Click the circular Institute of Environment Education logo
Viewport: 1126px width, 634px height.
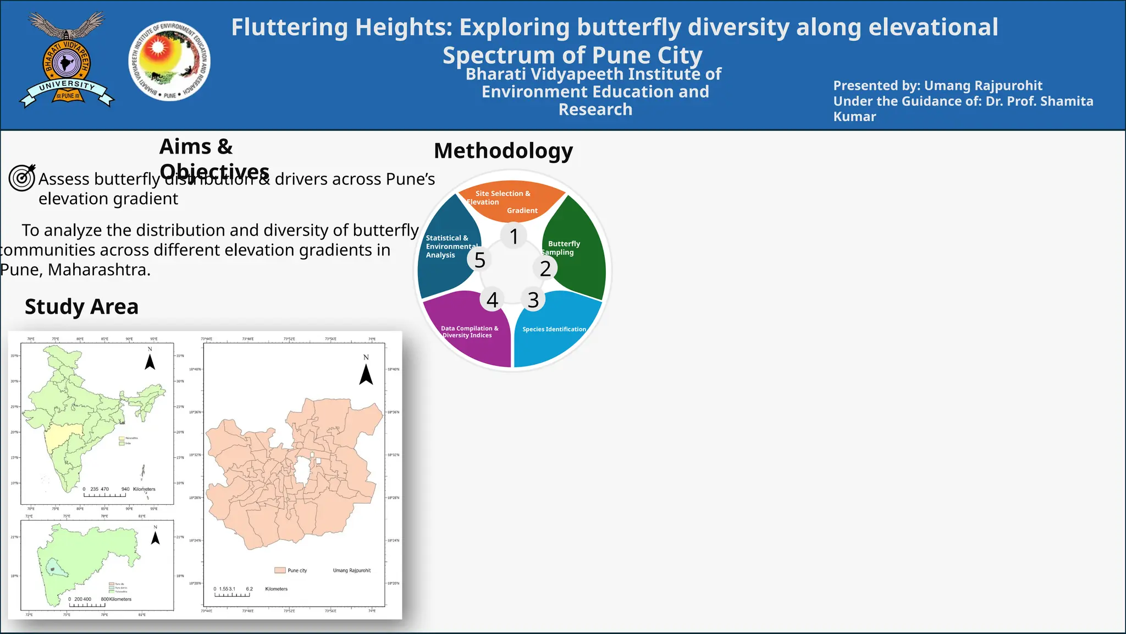point(169,61)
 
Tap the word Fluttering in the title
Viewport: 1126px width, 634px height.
point(289,27)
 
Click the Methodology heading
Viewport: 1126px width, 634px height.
point(503,151)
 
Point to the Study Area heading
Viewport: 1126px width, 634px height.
point(81,307)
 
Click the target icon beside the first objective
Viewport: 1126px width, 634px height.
point(23,177)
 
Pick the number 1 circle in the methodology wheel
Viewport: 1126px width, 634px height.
point(514,236)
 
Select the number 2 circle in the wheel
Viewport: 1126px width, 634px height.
point(545,268)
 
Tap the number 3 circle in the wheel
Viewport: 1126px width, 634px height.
point(533,300)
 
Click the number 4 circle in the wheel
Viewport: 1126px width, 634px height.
point(492,300)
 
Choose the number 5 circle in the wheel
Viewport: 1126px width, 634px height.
point(480,260)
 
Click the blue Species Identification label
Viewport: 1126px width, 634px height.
point(554,329)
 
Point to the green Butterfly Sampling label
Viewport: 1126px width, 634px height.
point(562,248)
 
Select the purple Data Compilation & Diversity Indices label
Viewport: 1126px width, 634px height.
point(469,332)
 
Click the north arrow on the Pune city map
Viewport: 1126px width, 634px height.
point(366,374)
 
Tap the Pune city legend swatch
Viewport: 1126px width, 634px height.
point(280,571)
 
